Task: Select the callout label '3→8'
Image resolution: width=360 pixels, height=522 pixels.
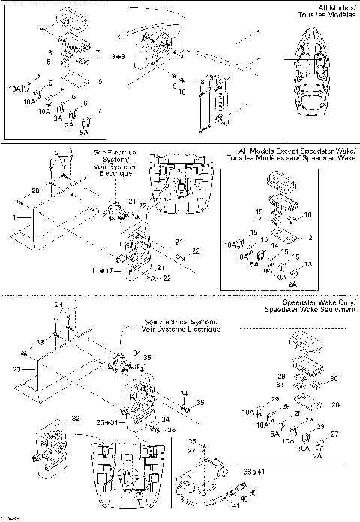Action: [117, 56]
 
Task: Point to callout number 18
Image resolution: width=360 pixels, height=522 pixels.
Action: [200, 80]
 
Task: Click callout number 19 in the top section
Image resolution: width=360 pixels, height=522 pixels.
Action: [211, 77]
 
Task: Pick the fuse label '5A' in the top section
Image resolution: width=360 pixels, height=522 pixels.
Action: [84, 132]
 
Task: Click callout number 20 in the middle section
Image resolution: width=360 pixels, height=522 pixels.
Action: [35, 191]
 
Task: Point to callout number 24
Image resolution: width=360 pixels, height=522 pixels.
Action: [58, 304]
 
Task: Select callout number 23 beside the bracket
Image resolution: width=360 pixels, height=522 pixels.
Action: [16, 369]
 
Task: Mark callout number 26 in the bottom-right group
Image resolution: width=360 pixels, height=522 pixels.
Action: [335, 404]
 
